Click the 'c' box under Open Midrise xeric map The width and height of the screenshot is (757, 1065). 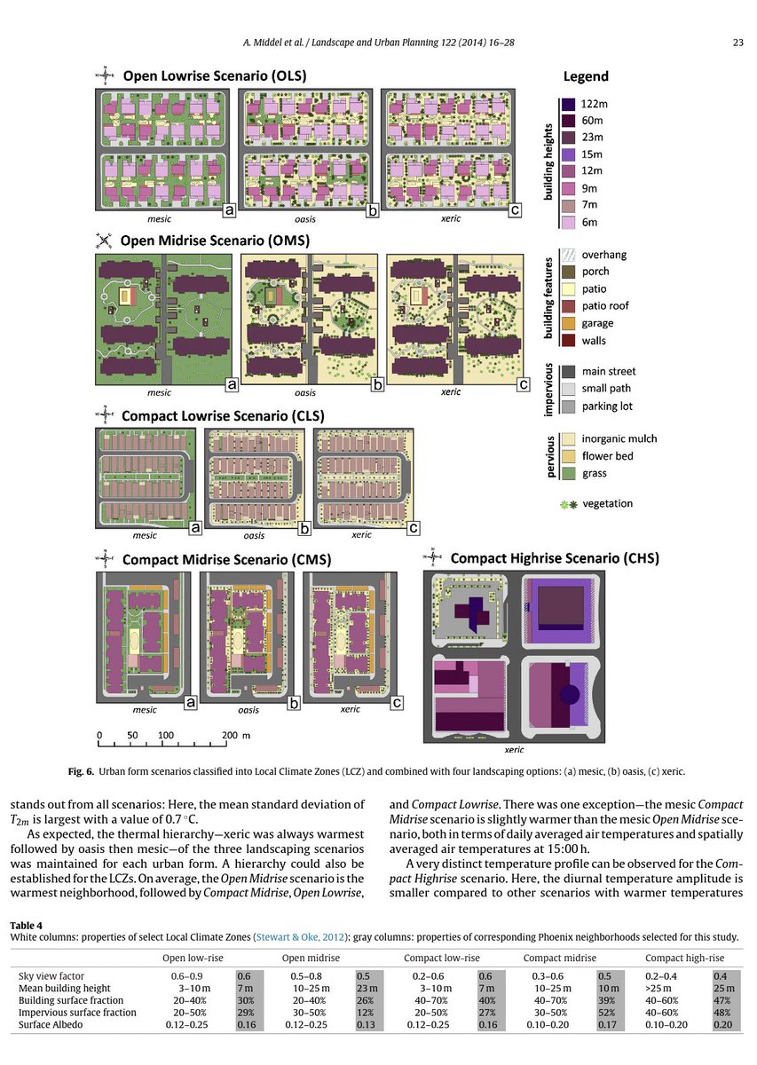(524, 385)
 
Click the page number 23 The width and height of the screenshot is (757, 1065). (737, 42)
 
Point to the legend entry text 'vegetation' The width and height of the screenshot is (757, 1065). (607, 503)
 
